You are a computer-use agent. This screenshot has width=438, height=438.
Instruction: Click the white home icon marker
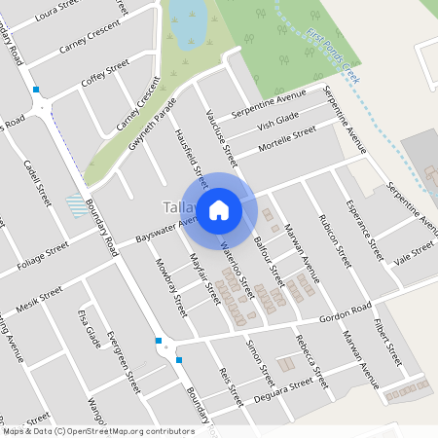point(219,208)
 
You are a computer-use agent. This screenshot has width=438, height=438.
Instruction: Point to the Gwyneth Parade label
point(153,123)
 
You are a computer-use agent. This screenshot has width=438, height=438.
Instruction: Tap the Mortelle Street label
point(287,141)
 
